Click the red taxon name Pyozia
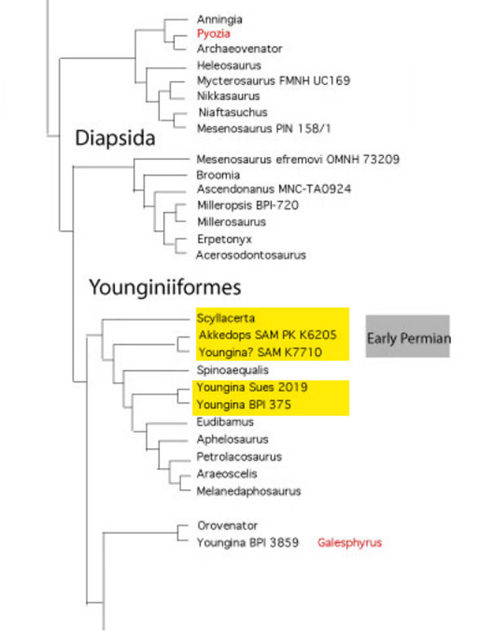click(x=213, y=33)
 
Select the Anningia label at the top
click(x=220, y=19)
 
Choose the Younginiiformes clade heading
click(x=165, y=287)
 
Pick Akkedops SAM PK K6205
click(x=267, y=335)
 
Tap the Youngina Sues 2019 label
click(x=251, y=386)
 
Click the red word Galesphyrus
click(x=349, y=542)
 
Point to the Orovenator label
click(x=227, y=526)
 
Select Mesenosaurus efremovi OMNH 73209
click(x=297, y=158)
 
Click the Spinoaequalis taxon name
click(x=233, y=369)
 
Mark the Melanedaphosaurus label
click(x=248, y=491)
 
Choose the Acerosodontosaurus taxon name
click(x=251, y=255)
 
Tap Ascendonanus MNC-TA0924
click(x=273, y=189)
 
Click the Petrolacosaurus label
click(x=239, y=456)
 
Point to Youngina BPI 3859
click(x=247, y=542)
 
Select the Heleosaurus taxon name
click(x=229, y=65)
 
